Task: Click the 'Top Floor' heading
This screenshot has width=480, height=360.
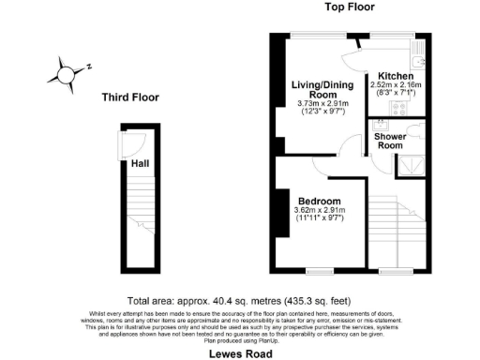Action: [350, 7]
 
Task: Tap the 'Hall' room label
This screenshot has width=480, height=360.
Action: [140, 163]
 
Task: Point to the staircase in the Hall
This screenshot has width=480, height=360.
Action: [140, 216]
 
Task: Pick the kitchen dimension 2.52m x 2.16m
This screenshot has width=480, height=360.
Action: [395, 88]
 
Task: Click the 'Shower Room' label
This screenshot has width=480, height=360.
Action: [390, 142]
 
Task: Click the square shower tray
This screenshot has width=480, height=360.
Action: [410, 165]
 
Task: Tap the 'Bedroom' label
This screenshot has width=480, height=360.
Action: [319, 201]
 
